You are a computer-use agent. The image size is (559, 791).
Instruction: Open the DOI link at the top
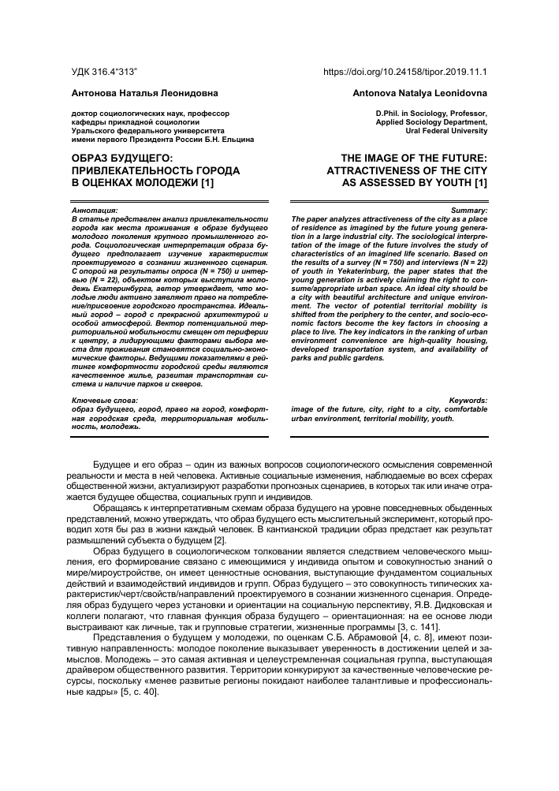click(405, 72)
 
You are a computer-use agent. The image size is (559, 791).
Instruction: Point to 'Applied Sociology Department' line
click(432, 123)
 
